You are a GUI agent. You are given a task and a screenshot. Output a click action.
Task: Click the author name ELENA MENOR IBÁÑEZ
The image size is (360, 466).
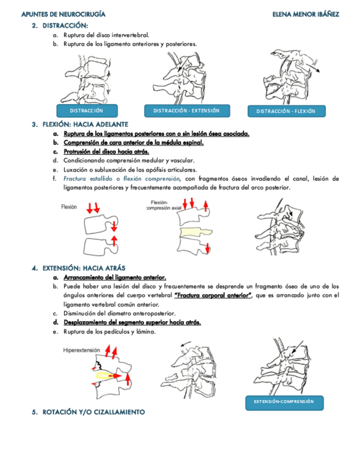pyautogui.click(x=305, y=13)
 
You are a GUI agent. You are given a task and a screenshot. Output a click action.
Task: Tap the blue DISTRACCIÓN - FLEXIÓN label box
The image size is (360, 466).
pyautogui.click(x=286, y=111)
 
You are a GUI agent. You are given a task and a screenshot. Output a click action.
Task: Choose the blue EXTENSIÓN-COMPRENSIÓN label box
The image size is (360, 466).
pyautogui.click(x=284, y=401)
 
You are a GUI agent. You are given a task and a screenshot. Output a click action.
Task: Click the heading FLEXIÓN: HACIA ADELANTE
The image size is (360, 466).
pyautogui.click(x=85, y=124)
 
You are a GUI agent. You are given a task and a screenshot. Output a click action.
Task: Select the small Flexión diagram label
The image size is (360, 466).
pyautogui.click(x=69, y=207)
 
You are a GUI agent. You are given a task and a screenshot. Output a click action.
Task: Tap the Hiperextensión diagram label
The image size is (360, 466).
pyautogui.click(x=81, y=349)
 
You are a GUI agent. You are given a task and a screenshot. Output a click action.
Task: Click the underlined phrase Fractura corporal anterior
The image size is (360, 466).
pyautogui.click(x=212, y=295)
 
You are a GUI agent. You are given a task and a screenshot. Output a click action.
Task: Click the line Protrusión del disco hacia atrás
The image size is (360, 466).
pyautogui.click(x=106, y=152)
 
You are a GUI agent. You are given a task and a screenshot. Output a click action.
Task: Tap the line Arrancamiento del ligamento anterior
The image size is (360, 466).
pyautogui.click(x=115, y=278)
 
